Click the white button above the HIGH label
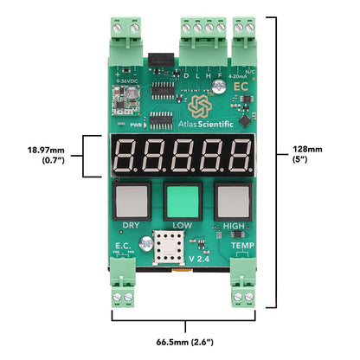233,202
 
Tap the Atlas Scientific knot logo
201,106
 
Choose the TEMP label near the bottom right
242,247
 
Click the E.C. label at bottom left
123,247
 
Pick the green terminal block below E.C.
125,290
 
